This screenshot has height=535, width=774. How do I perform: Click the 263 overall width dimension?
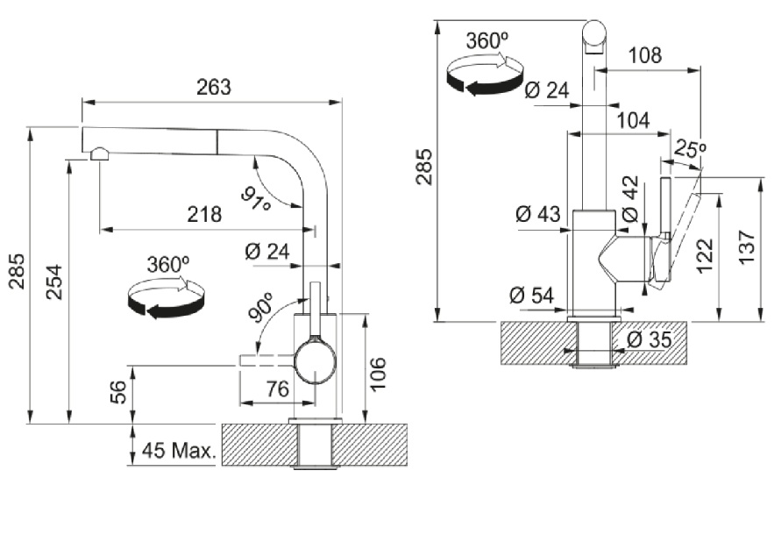(214, 87)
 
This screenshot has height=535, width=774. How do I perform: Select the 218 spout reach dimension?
(203, 215)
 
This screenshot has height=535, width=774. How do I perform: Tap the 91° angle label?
(257, 199)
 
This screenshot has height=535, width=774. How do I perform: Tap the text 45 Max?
(178, 452)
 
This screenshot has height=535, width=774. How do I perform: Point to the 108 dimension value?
(645, 55)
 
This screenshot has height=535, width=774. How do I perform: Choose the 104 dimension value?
(632, 121)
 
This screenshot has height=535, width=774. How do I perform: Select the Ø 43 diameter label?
(537, 214)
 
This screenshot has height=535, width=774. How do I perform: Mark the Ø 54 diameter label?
(531, 296)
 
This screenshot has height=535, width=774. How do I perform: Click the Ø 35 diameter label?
(650, 339)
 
